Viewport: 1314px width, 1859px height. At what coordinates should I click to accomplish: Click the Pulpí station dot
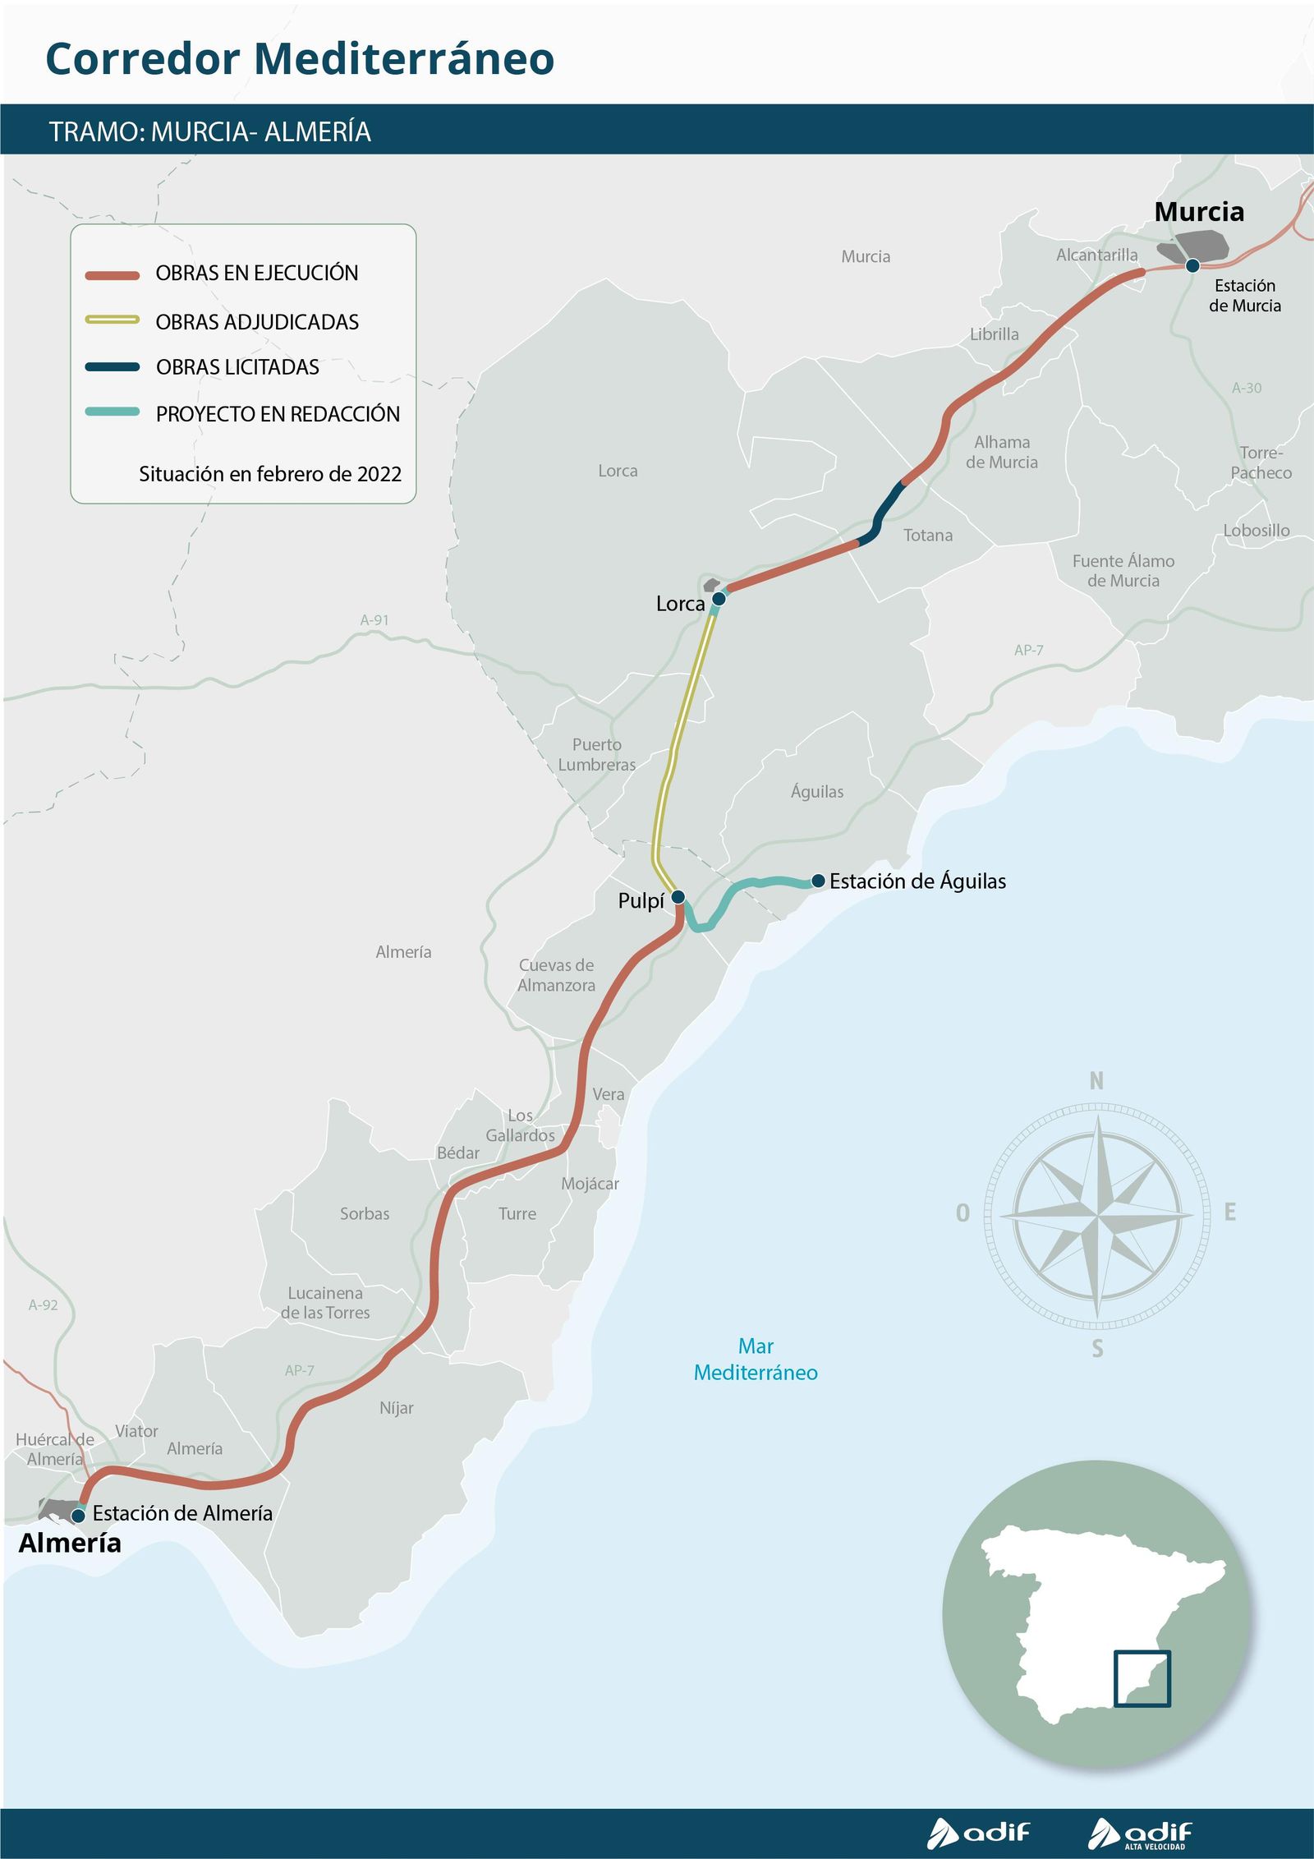click(678, 896)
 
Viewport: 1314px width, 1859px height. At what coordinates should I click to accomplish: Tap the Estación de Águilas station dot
click(818, 881)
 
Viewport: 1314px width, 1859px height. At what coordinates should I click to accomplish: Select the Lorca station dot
click(719, 598)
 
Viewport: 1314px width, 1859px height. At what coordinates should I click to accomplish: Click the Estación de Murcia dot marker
click(1192, 265)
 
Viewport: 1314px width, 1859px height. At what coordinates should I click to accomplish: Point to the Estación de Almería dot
click(78, 1516)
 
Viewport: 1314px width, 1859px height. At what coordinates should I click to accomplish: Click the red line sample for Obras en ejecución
click(113, 275)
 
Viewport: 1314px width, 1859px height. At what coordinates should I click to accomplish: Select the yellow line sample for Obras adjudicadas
click(113, 320)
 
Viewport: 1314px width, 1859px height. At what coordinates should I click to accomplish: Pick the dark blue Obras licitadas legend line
click(113, 366)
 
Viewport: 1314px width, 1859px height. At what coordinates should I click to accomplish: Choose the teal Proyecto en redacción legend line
click(113, 412)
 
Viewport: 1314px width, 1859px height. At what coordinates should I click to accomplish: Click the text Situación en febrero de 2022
click(270, 474)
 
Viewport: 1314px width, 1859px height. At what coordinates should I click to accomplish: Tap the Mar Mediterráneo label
click(756, 1360)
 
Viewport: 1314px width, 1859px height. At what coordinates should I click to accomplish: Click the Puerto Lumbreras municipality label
click(597, 754)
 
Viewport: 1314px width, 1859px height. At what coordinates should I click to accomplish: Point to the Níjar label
click(397, 1408)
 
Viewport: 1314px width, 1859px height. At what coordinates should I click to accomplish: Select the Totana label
click(928, 536)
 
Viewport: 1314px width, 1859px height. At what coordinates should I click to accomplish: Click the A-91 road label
click(374, 620)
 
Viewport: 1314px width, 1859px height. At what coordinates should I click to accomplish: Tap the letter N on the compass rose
click(1096, 1082)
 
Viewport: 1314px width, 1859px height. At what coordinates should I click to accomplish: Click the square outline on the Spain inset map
click(1142, 1678)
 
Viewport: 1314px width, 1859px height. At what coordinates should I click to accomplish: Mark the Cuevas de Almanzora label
click(556, 975)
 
